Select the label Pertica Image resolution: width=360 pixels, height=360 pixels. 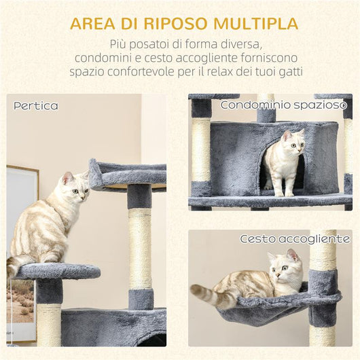coord(36,106)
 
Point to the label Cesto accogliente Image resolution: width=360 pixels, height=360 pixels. coord(295,239)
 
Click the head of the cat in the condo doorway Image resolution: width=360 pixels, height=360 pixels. coord(291,143)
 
